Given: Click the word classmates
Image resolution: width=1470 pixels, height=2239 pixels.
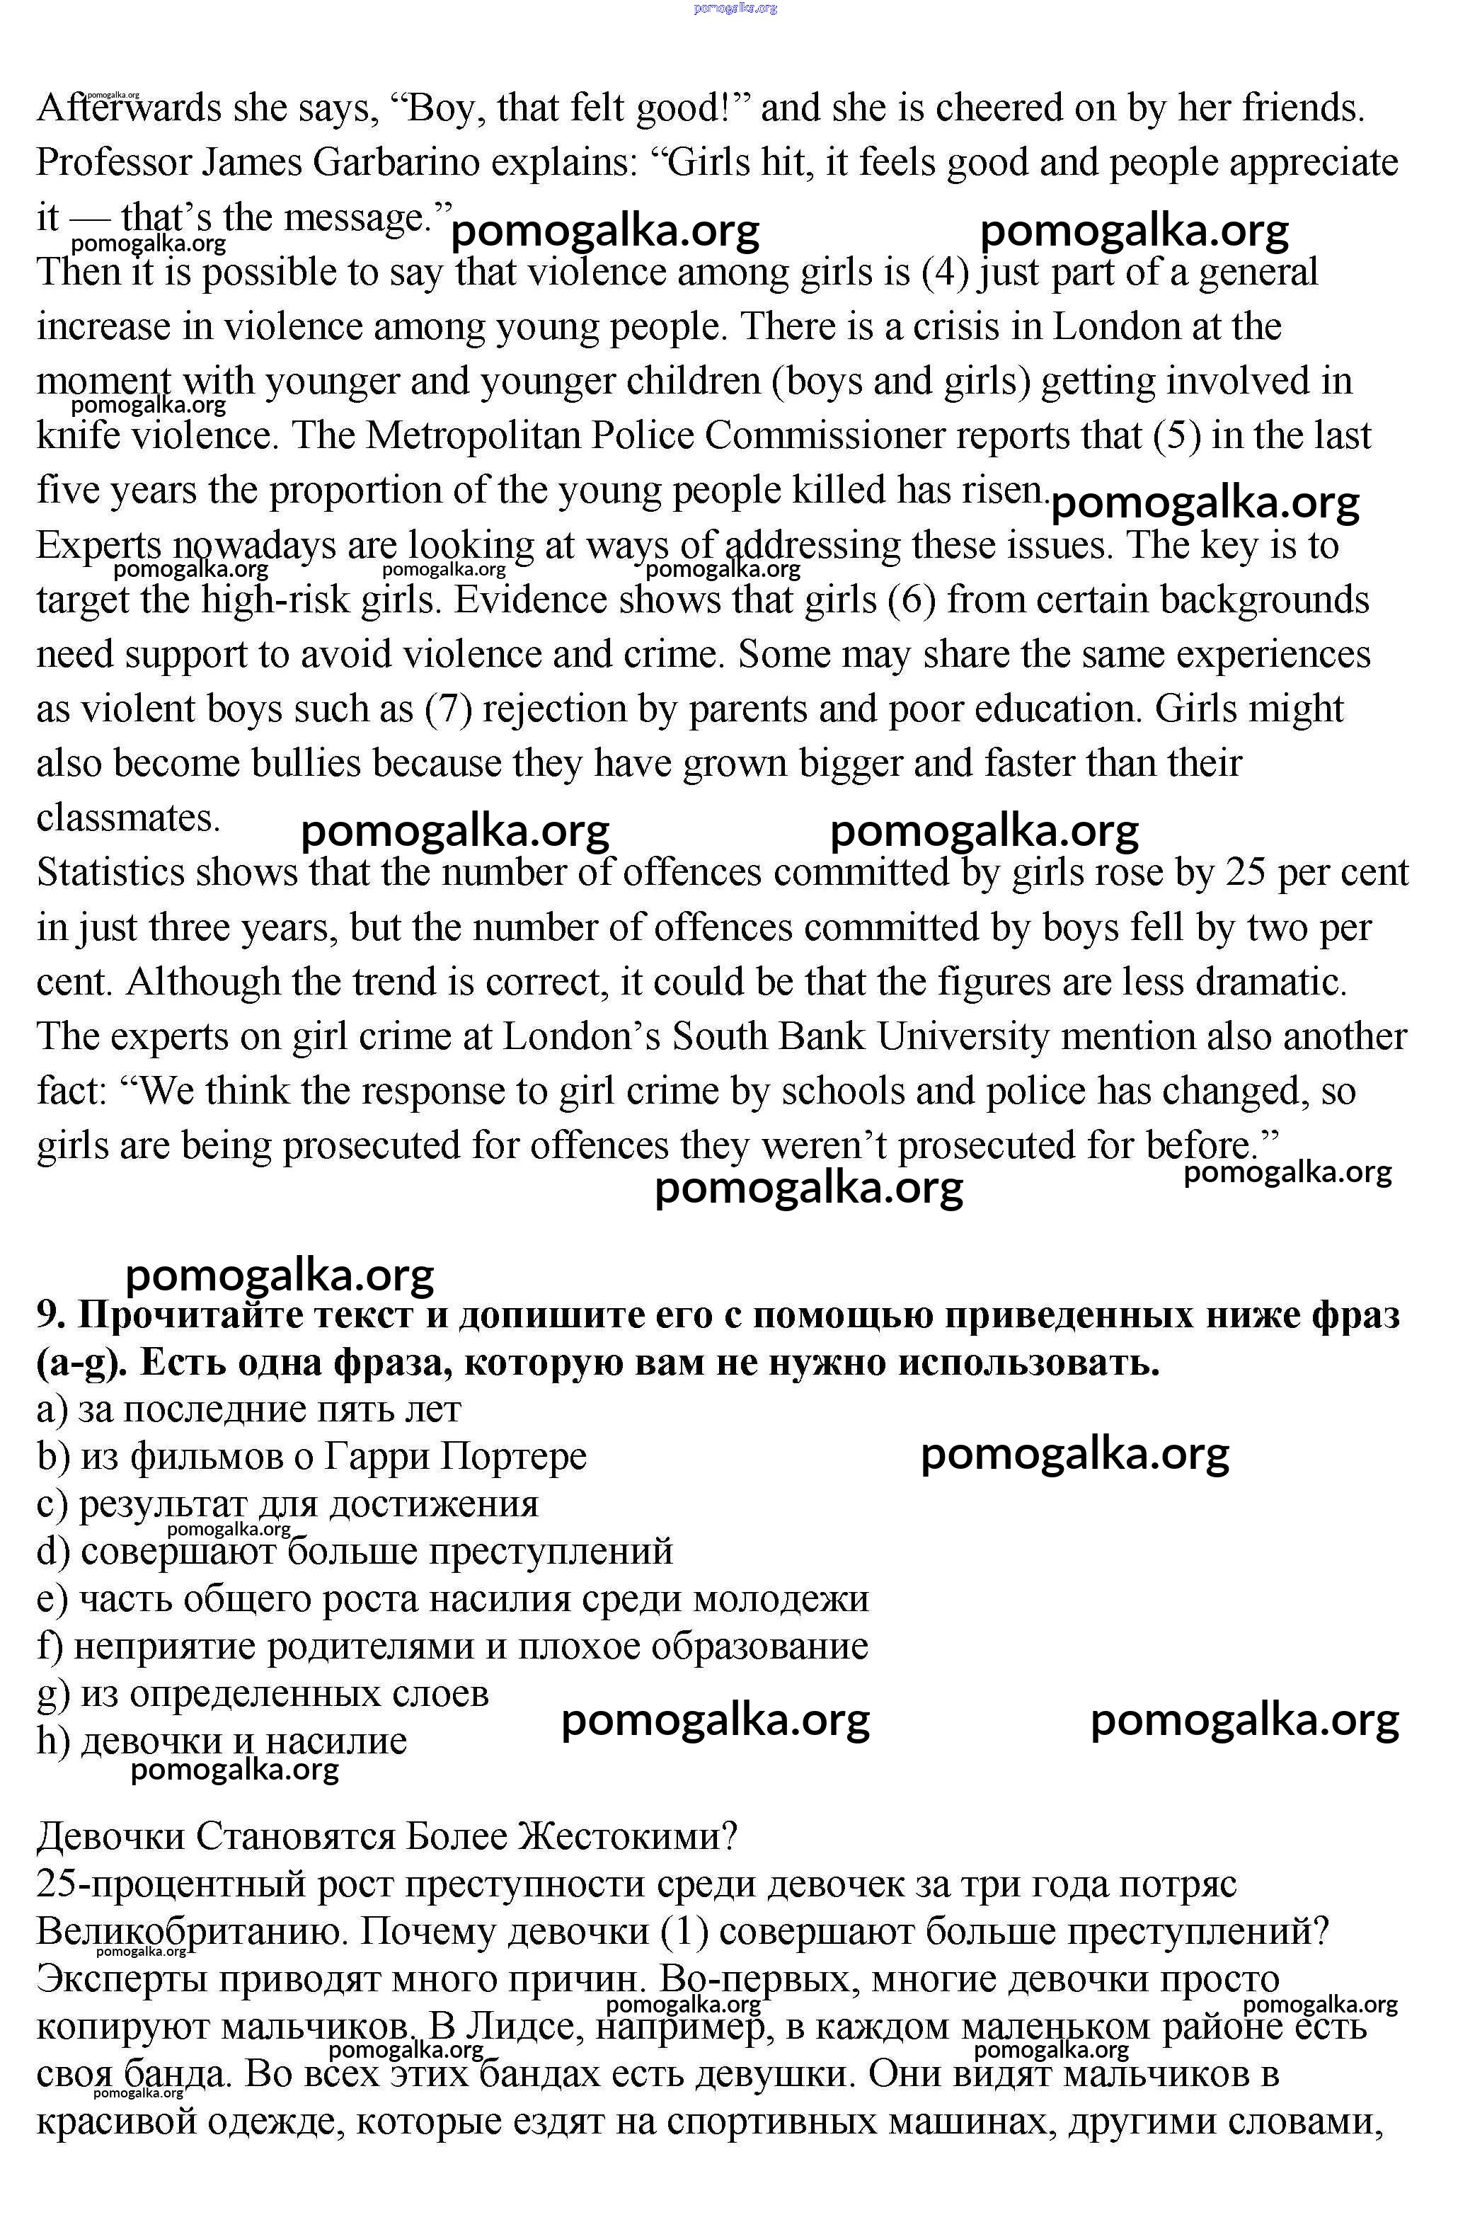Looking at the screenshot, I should (128, 818).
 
